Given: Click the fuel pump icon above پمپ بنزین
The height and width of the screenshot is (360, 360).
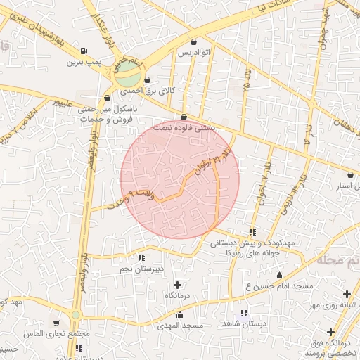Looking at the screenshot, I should [84, 50].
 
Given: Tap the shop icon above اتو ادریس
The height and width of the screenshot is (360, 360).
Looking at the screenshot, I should [194, 41].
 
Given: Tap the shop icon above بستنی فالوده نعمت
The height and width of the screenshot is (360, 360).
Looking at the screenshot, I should [184, 117].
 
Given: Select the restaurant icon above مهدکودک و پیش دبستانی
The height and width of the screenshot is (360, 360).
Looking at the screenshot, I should [252, 232].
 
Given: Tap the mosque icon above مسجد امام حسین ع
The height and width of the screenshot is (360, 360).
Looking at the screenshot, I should [279, 276].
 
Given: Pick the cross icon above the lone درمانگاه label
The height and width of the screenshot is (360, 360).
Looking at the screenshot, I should [176, 285].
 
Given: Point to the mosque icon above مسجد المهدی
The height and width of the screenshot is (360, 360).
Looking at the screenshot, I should [180, 314].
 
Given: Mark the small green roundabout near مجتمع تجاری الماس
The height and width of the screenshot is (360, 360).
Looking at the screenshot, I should [75, 315].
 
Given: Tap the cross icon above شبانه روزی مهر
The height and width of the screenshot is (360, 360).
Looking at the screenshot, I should [346, 294].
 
